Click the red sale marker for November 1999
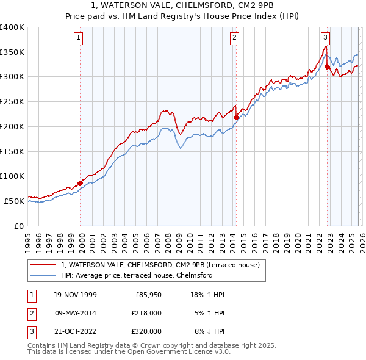[x=81, y=182]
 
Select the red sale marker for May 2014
[x=236, y=117]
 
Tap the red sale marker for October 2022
[x=328, y=67]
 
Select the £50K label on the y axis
[x=15, y=201]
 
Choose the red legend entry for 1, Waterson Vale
[x=160, y=265]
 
